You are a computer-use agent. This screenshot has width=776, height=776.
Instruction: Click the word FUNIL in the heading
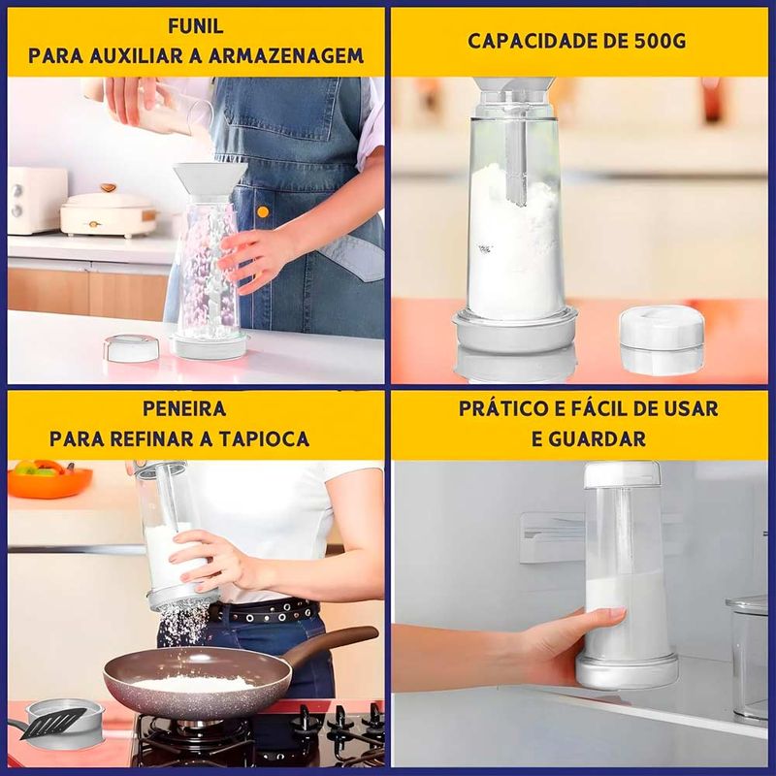click(196, 26)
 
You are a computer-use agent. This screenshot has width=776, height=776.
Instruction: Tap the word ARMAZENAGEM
click(286, 56)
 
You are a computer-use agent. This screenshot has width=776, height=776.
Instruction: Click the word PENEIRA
click(184, 408)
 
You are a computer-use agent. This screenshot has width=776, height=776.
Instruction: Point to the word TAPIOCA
click(264, 439)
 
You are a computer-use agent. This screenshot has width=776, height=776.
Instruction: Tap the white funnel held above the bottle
click(210, 181)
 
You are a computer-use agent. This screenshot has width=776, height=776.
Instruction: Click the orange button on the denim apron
click(263, 212)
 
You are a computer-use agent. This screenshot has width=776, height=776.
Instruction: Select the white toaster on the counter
click(36, 200)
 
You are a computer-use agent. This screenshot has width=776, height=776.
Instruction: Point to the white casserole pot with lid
click(109, 210)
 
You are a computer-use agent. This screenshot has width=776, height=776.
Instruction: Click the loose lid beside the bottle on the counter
click(132, 348)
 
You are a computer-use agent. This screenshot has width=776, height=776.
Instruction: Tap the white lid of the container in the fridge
click(623, 474)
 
